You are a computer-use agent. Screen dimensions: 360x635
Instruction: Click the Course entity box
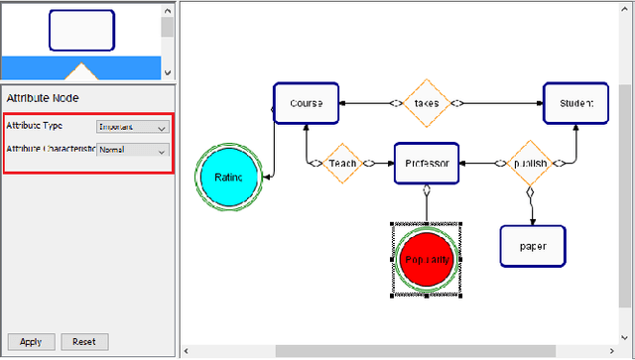(307, 103)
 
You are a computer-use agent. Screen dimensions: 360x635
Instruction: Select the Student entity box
(574, 103)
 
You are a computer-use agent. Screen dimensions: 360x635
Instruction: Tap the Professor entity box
(427, 164)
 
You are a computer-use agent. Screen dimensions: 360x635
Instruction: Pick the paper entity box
(532, 245)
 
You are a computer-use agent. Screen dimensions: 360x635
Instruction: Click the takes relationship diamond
(427, 102)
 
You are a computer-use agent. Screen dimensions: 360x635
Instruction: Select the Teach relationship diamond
(342, 164)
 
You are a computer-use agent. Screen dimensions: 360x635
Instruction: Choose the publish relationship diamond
(530, 164)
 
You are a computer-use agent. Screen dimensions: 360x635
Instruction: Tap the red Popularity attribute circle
(427, 259)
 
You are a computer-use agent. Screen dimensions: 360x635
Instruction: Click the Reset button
(84, 342)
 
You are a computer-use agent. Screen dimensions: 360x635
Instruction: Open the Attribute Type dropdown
(133, 127)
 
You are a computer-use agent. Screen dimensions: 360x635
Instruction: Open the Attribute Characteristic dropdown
(133, 151)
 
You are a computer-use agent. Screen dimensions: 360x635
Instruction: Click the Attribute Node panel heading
(44, 98)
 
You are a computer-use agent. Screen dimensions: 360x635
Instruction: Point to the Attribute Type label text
(35, 127)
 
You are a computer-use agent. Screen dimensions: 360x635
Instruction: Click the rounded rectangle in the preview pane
(81, 31)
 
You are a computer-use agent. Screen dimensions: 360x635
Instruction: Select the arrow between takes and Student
(501, 102)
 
